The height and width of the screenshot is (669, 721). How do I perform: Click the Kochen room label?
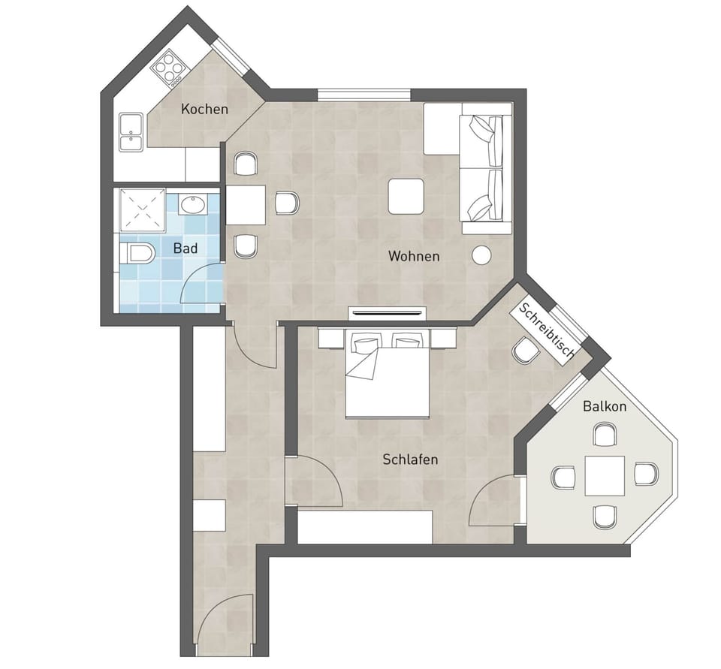pos(204,109)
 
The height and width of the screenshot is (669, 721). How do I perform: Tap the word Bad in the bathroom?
pos(186,249)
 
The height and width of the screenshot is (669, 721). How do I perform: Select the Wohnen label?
pos(414,256)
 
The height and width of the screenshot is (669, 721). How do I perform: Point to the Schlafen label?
pos(410,459)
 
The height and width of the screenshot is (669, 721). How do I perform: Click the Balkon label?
pos(605,406)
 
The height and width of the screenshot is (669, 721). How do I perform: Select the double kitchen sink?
pos(131,132)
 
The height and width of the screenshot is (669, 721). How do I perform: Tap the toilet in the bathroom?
pos(136,254)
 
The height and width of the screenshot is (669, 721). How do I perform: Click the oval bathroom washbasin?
pos(193,205)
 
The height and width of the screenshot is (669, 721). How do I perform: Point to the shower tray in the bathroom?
pos(142,210)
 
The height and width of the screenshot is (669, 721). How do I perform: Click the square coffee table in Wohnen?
pos(406,196)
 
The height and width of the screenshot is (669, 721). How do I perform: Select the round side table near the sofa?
pos(481,255)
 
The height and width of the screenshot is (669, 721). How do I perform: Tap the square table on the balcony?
pos(605,475)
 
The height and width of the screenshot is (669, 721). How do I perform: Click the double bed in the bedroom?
pos(388,374)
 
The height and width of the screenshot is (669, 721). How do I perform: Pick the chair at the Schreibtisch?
pos(526,351)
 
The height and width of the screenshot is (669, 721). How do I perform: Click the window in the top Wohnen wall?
pos(364,95)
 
